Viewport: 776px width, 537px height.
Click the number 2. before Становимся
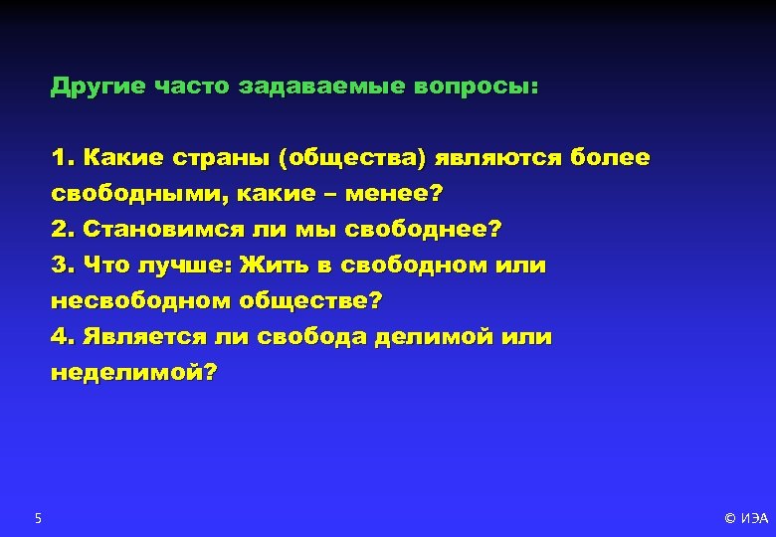[63, 230]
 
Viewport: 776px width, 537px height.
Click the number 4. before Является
[63, 337]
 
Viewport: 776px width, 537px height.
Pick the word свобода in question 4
[312, 337]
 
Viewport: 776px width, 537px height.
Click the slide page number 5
[38, 517]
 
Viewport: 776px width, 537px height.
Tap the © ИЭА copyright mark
[746, 518]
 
